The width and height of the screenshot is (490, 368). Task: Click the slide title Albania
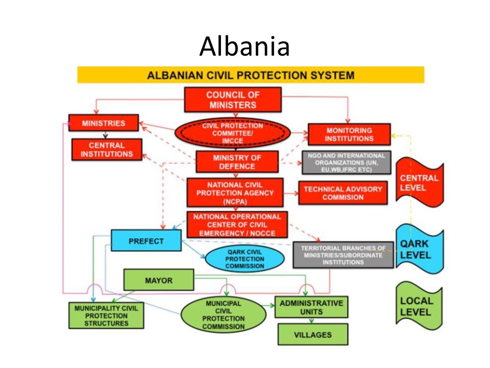[x=244, y=47]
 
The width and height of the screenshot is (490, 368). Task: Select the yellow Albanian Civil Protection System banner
[x=250, y=75]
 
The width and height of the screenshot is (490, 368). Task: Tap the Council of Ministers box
[x=232, y=100]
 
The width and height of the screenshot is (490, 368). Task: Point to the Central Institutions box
[x=107, y=150]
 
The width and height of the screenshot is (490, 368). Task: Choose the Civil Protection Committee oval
[x=232, y=132]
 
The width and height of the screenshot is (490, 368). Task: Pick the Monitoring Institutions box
[x=349, y=134]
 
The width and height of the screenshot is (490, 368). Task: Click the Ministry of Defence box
[x=237, y=162]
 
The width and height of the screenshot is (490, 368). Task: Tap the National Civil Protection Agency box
[x=235, y=193]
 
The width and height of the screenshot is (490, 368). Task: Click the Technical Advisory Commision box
[x=342, y=193]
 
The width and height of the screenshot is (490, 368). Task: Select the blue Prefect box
[x=146, y=241]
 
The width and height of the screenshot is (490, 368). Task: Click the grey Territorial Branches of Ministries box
[x=343, y=255]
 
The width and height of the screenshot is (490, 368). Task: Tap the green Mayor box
[x=159, y=280]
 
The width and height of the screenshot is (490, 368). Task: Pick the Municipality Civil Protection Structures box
[x=106, y=315]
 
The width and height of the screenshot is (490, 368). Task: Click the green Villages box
[x=312, y=335]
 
